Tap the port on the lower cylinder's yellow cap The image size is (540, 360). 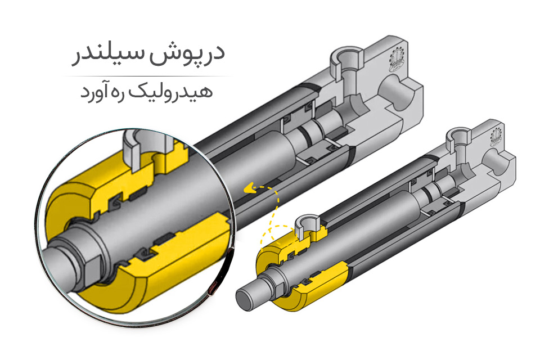point(309,223)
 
